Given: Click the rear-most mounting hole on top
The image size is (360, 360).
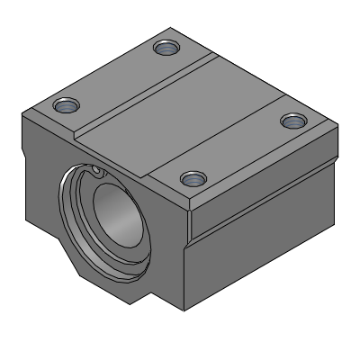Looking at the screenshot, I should (164, 48).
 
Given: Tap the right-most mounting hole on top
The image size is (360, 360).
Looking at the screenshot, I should (291, 120).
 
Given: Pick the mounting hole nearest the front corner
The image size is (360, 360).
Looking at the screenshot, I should (191, 179).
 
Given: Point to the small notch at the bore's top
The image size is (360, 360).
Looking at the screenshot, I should (94, 168).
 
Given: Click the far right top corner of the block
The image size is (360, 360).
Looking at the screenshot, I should (331, 121).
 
